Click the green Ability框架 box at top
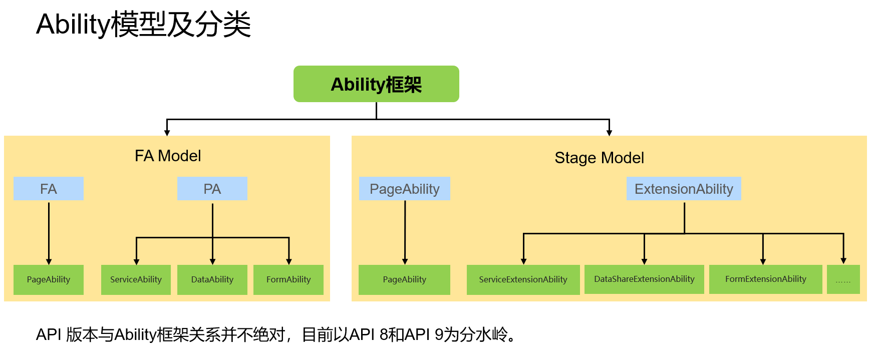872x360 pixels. pos(376,84)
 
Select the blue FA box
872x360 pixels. pos(49,189)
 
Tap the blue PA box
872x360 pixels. pos(212,189)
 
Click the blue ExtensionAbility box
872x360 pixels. pos(684,189)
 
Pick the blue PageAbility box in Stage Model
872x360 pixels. pos(404,189)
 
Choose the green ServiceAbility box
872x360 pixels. pos(136,279)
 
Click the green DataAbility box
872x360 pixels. pos(212,279)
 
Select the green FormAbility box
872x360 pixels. pos(288,279)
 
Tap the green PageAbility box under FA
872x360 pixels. pos(49,279)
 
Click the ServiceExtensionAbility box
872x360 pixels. pos(523,279)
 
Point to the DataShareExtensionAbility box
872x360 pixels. pos(644,279)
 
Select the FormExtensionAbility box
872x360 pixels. pos(765,279)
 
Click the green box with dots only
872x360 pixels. pos(843,279)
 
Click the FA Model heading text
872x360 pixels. pos(168,156)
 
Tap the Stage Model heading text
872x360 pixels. pos(599,158)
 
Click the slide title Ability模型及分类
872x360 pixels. pos(143,24)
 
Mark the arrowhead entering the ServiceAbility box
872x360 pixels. pos(136,261)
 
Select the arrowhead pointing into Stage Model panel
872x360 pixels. pos(609,133)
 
